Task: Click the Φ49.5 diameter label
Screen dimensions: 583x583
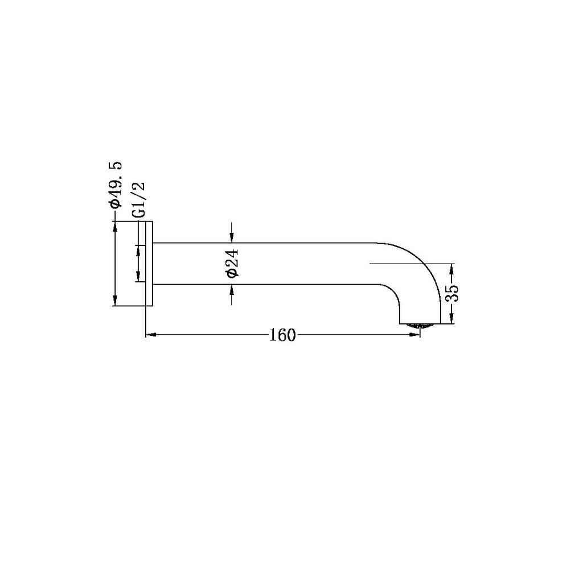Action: pyautogui.click(x=116, y=184)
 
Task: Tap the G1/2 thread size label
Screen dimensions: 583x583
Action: pyautogui.click(x=138, y=200)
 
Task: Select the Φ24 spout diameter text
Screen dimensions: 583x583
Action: pyautogui.click(x=232, y=263)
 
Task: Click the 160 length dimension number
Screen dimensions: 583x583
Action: pyautogui.click(x=282, y=335)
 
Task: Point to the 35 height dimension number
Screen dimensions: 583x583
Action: pyautogui.click(x=452, y=294)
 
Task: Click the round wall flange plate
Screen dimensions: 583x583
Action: pyautogui.click(x=150, y=264)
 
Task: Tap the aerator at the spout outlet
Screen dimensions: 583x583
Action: pyautogui.click(x=420, y=325)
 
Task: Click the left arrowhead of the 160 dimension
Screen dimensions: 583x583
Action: pyautogui.click(x=151, y=335)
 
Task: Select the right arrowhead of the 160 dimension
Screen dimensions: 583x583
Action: pyautogui.click(x=416, y=335)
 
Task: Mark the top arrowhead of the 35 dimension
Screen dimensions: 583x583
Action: pyautogui.click(x=452, y=268)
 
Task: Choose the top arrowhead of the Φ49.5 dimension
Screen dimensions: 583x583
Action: pyautogui.click(x=116, y=226)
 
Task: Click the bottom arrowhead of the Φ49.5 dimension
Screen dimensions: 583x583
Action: pyautogui.click(x=116, y=302)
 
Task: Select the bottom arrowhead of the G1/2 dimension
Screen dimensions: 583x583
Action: pyautogui.click(x=138, y=278)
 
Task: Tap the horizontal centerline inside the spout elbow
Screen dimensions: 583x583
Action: pyautogui.click(x=399, y=264)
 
